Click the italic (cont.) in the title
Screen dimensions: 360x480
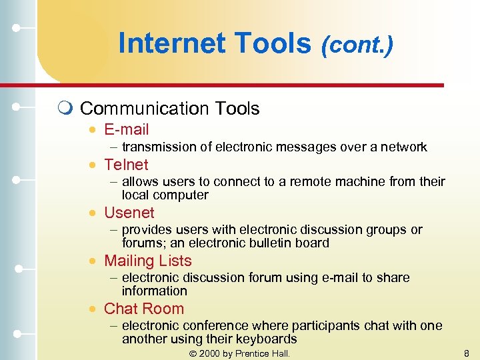pos(357,45)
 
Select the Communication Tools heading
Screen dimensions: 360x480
pos(169,108)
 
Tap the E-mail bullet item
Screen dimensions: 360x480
pos(126,129)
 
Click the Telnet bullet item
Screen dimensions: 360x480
pos(126,164)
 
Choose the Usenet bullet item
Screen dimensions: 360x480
pos(129,213)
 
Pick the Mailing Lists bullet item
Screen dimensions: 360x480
pos(147,261)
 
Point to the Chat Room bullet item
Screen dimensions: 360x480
pos(143,309)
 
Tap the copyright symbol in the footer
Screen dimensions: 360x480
pos(194,353)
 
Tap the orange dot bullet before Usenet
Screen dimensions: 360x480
pos(95,213)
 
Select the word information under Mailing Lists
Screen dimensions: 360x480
pos(154,291)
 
